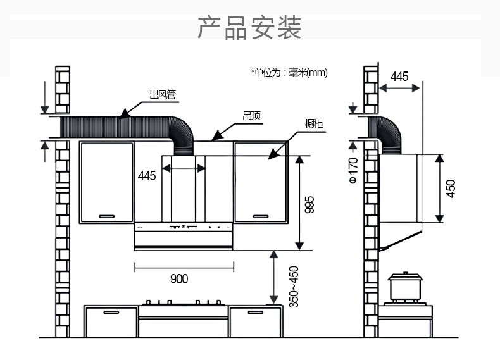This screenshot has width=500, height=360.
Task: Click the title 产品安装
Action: (249, 28)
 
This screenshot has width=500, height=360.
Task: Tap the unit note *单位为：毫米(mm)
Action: (289, 73)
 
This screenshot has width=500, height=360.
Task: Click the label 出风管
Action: (162, 96)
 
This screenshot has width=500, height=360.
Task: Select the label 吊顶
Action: (252, 116)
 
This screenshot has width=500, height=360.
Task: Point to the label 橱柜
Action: (314, 123)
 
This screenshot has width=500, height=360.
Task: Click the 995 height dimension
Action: (309, 204)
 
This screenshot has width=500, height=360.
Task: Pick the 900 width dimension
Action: (179, 278)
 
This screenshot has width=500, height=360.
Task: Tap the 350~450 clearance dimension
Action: (294, 286)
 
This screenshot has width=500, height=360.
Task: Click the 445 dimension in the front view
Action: (147, 176)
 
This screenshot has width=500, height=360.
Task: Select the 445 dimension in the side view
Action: (399, 77)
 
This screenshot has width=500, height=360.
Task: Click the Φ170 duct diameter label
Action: (353, 171)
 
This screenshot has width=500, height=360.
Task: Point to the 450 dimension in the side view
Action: (451, 189)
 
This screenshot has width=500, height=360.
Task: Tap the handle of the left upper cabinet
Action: (106, 216)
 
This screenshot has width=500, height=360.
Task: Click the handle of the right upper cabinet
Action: (261, 216)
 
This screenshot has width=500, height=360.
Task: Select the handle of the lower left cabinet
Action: (111, 313)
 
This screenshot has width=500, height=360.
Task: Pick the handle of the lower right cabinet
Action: (255, 313)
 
